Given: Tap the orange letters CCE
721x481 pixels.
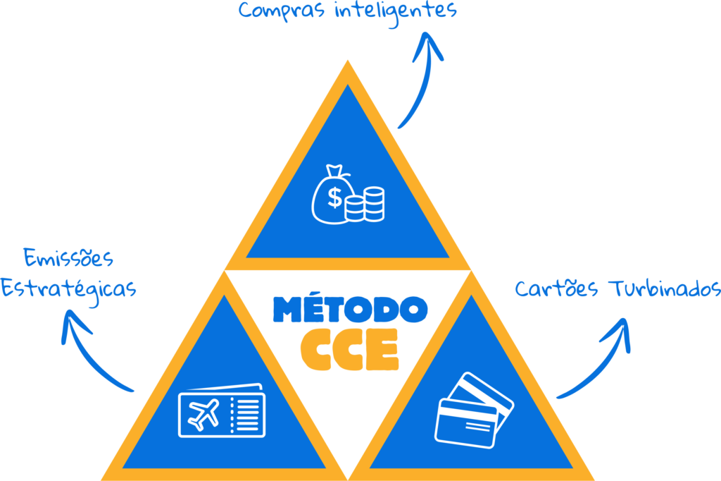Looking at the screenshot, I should pos(349,348).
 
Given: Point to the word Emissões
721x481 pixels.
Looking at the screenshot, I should pos(68,259).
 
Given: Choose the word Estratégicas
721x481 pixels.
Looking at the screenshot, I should pos(68,288).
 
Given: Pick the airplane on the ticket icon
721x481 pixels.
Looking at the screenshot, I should pos(203,414).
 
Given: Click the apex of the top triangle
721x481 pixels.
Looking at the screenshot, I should pos(347,65).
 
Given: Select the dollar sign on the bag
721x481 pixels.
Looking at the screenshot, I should pos(335,199).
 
